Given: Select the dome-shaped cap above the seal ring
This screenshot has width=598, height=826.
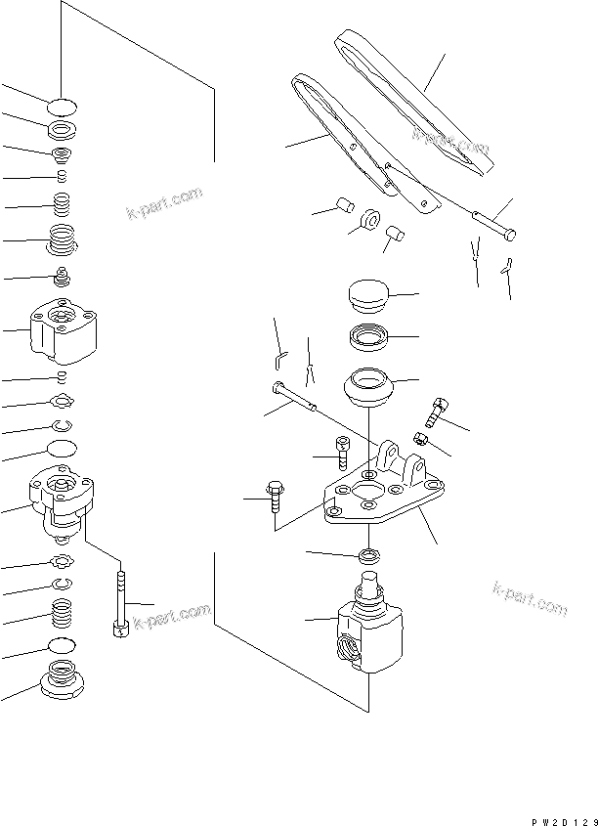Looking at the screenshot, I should pyautogui.click(x=368, y=293).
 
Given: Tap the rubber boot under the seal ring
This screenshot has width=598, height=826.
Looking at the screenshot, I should pyautogui.click(x=370, y=387).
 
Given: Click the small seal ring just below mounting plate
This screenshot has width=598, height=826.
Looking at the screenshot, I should pyautogui.click(x=370, y=556).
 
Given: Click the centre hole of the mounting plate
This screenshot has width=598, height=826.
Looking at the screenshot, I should pyautogui.click(x=372, y=494).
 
